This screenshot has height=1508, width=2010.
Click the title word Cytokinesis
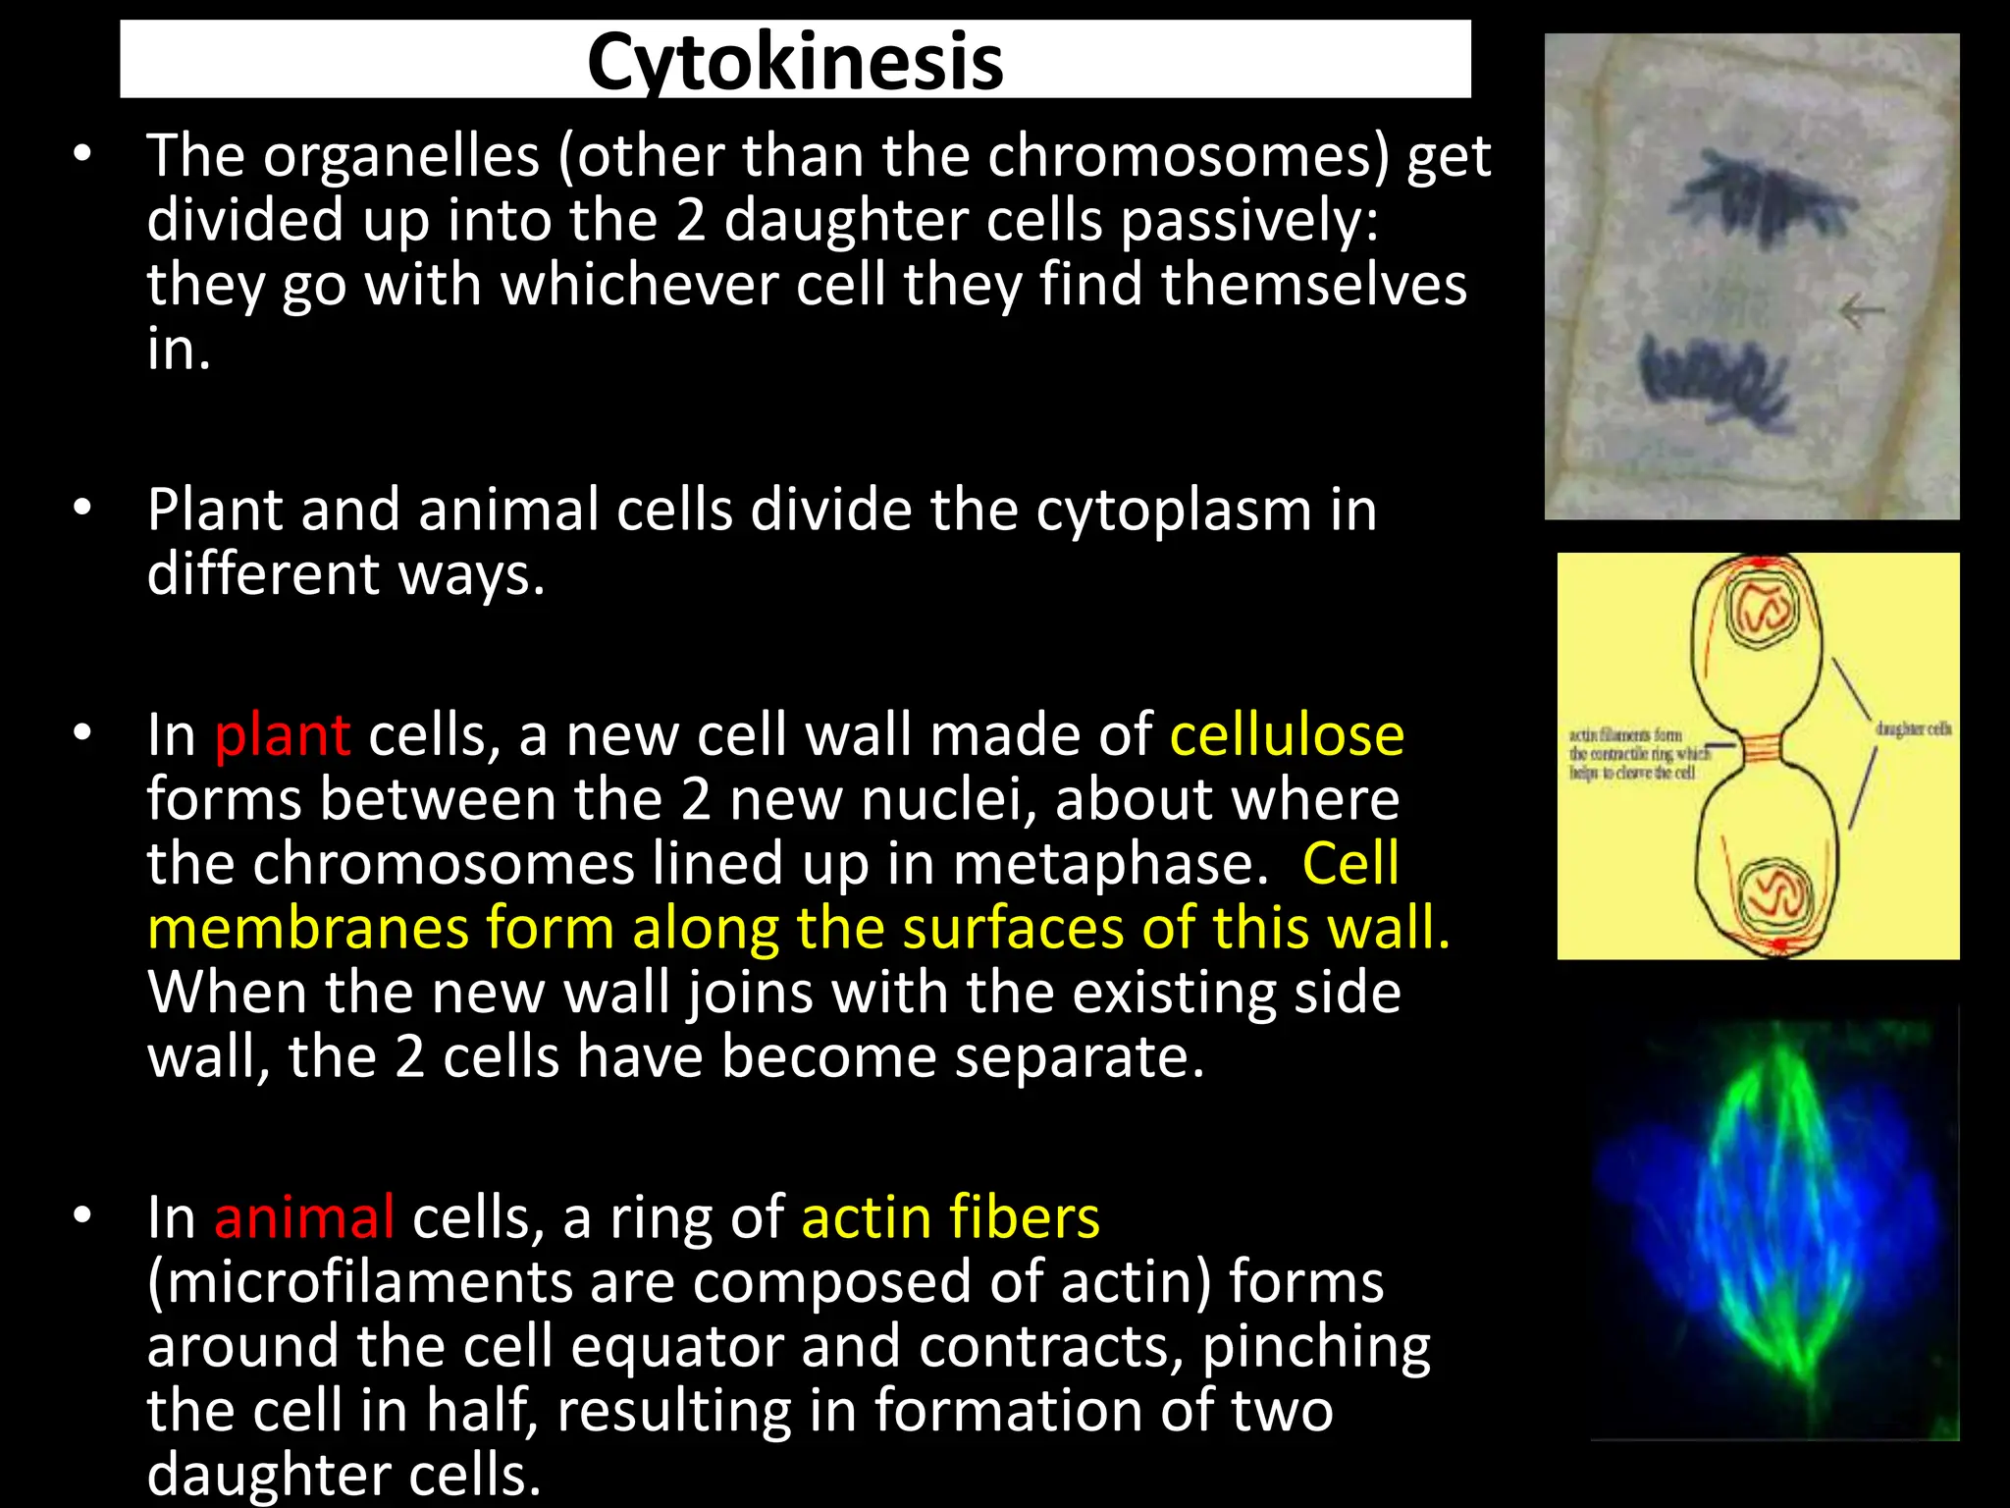[795, 61]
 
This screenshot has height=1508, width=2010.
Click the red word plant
[282, 735]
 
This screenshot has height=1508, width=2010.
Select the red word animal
[304, 1218]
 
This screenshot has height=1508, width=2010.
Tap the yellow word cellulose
[1287, 735]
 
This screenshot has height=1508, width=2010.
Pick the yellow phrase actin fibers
[950, 1218]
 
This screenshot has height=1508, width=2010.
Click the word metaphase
[1104, 865]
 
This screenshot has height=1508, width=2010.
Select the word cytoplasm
[1173, 512]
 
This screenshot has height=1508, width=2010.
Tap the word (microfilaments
[353, 1282]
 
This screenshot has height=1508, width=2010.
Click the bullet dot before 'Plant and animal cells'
[82, 508]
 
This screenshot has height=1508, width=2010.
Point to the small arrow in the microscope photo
[1861, 312]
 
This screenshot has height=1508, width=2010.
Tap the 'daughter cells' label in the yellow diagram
[1912, 728]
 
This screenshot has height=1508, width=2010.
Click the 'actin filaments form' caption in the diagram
[1624, 734]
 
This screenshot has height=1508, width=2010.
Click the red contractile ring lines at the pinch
[1758, 750]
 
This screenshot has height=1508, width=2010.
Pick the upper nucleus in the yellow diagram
[1763, 609]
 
